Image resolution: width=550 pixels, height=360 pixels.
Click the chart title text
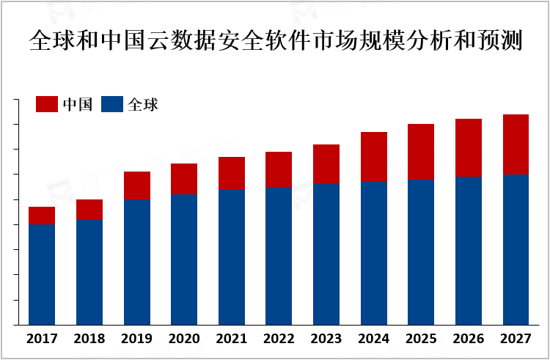click(275, 40)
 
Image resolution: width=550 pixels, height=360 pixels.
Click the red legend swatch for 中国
click(47, 104)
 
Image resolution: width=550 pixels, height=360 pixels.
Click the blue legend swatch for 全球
click(112, 104)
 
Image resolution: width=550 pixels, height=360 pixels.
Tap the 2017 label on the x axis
click(42, 339)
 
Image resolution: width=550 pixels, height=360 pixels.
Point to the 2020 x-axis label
click(184, 339)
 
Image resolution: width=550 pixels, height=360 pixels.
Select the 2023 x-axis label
click(326, 339)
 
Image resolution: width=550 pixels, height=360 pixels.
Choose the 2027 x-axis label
click(516, 339)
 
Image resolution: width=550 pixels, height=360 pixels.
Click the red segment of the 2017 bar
click(42, 215)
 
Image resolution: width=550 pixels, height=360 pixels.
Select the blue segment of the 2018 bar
click(89, 272)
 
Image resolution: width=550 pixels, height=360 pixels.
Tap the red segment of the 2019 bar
click(136, 185)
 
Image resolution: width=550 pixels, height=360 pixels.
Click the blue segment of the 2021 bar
click(232, 257)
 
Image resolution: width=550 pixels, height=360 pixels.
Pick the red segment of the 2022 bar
click(279, 169)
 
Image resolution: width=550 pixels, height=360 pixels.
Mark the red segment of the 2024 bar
click(373, 157)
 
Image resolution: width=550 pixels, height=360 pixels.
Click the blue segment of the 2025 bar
click(421, 252)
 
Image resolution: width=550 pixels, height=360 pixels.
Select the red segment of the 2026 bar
click(469, 148)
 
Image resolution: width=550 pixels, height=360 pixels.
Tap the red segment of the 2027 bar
click(516, 144)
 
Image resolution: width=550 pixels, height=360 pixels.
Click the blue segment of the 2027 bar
click(516, 249)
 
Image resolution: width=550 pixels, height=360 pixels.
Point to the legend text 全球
click(143, 104)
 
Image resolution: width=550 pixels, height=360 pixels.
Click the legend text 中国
click(77, 104)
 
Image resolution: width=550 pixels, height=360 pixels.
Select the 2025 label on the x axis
click(421, 339)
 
